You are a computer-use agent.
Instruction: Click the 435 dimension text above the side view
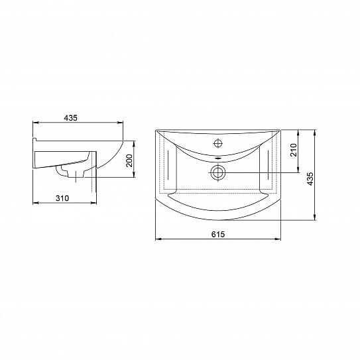tap(71, 117)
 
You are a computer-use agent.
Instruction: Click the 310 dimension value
tap(62, 198)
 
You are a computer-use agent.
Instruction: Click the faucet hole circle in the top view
tap(219, 143)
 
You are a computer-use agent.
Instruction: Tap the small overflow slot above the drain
tap(219, 158)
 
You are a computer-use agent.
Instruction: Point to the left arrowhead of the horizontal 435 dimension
tap(35, 123)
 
